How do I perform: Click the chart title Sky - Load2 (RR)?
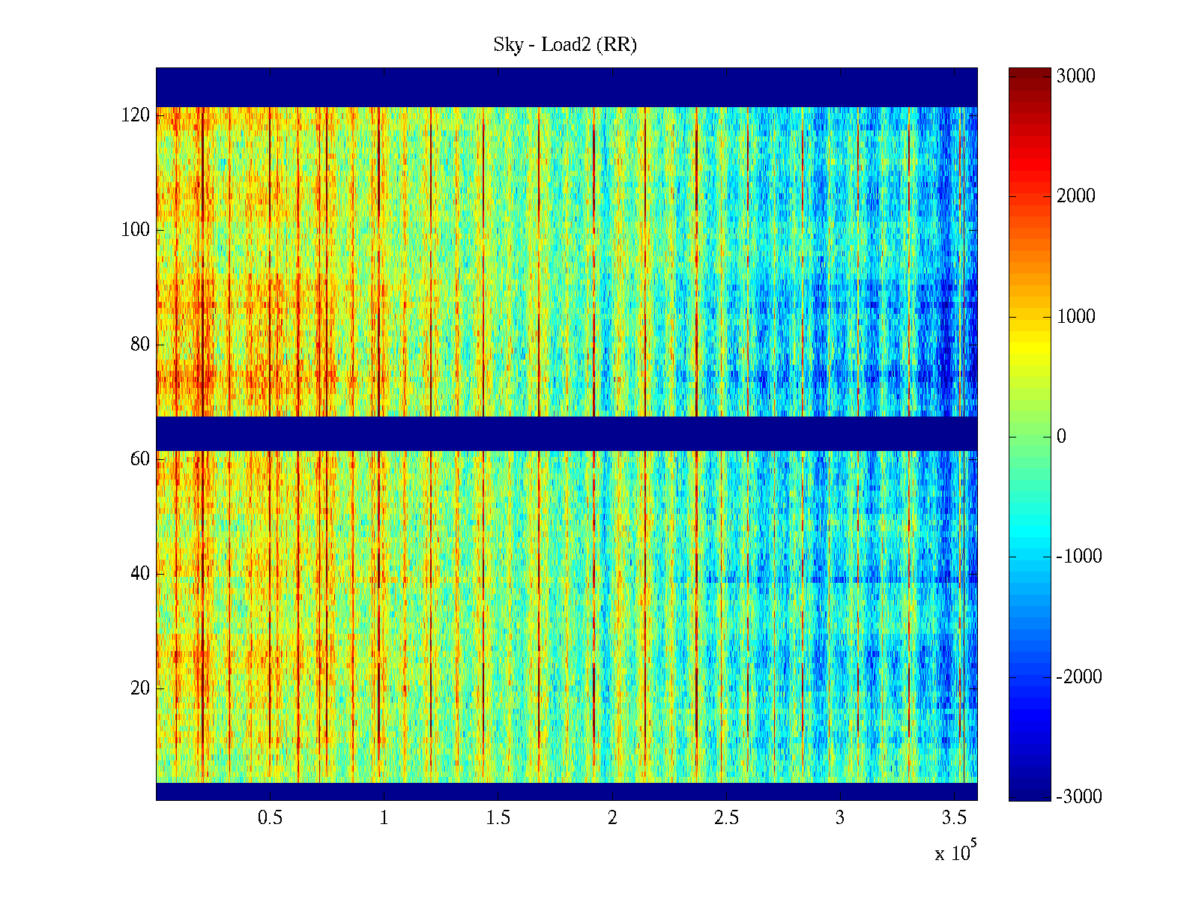(x=565, y=45)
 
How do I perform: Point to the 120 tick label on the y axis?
(x=136, y=115)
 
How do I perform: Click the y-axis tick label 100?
(x=136, y=230)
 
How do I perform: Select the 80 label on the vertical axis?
(x=140, y=345)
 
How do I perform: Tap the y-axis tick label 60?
(x=140, y=459)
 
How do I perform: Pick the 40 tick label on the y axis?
(x=140, y=574)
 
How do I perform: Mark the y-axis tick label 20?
(x=140, y=688)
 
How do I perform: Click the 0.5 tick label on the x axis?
(x=270, y=818)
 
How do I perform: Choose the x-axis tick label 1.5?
(x=498, y=818)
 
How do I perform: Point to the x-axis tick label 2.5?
(x=726, y=818)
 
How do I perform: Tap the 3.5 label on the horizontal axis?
(x=954, y=818)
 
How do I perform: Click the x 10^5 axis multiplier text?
(x=955, y=852)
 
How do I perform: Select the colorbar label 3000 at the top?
(x=1075, y=76)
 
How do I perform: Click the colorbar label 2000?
(x=1075, y=196)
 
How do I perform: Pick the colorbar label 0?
(x=1061, y=437)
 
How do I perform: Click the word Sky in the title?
(x=508, y=45)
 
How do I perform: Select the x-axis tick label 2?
(x=612, y=818)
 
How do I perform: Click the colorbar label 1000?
(x=1075, y=317)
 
